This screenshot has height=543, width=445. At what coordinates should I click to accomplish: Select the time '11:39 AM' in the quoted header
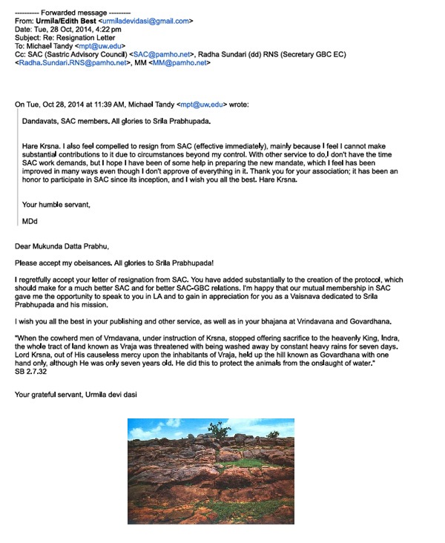113,104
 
